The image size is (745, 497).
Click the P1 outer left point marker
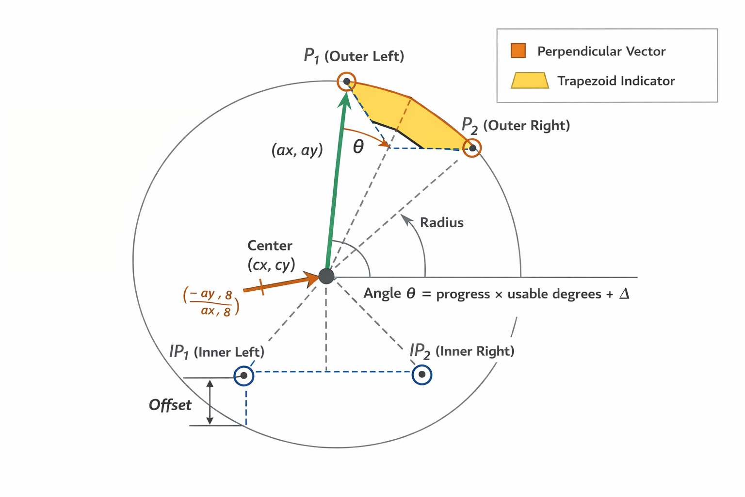346,81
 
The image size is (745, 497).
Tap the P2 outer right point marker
472,148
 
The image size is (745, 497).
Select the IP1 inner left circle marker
243,376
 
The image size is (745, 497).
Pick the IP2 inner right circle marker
422,375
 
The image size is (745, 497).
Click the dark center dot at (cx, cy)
326,276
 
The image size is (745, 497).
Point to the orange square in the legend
518,51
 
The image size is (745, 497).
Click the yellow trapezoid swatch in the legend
530,81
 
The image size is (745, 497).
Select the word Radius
441,223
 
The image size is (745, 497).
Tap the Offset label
170,405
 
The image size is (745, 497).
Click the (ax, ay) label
297,150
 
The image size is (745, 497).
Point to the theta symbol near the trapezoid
358,147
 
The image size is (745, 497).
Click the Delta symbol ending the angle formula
624,294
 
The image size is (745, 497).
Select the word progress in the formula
463,294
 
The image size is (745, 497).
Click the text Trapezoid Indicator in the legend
616,81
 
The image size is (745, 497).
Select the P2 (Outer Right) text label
516,126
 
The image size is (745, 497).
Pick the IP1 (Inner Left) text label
217,352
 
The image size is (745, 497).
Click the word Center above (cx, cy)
270,246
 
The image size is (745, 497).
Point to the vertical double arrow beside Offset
210,402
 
